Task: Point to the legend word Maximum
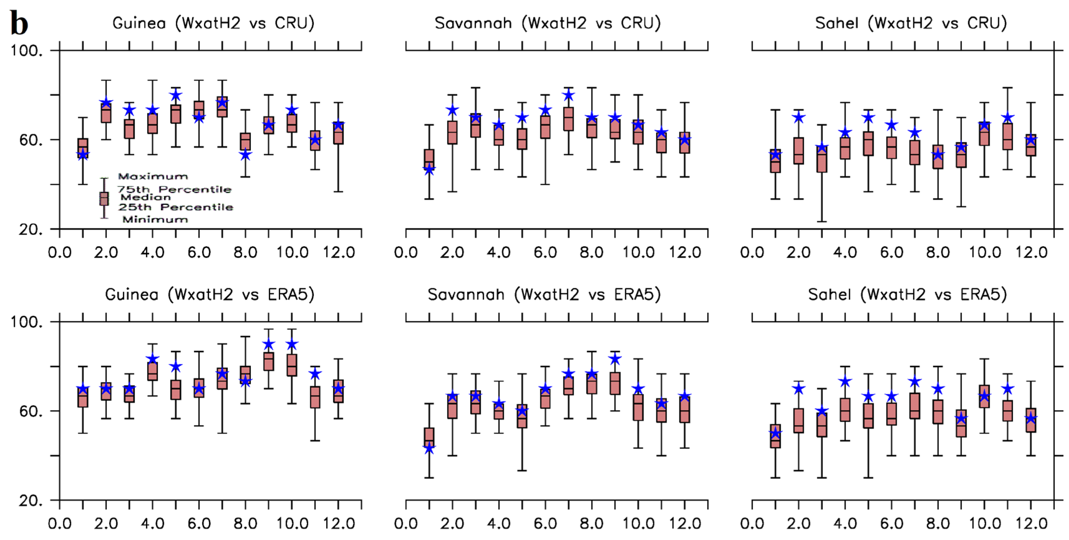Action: point(153,176)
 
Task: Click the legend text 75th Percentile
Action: point(174,189)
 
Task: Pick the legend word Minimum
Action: point(155,219)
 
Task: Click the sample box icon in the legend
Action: point(104,198)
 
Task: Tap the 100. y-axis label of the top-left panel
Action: point(27,51)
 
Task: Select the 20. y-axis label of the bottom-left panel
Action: point(31,501)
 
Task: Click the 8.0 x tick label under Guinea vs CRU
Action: point(245,252)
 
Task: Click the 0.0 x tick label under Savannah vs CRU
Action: point(406,252)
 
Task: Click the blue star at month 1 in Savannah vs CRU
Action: point(429,170)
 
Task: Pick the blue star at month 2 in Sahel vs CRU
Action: point(799,118)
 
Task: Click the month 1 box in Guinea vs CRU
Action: point(83,148)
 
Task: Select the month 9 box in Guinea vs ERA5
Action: point(269,362)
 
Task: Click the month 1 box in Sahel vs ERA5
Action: point(775,436)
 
